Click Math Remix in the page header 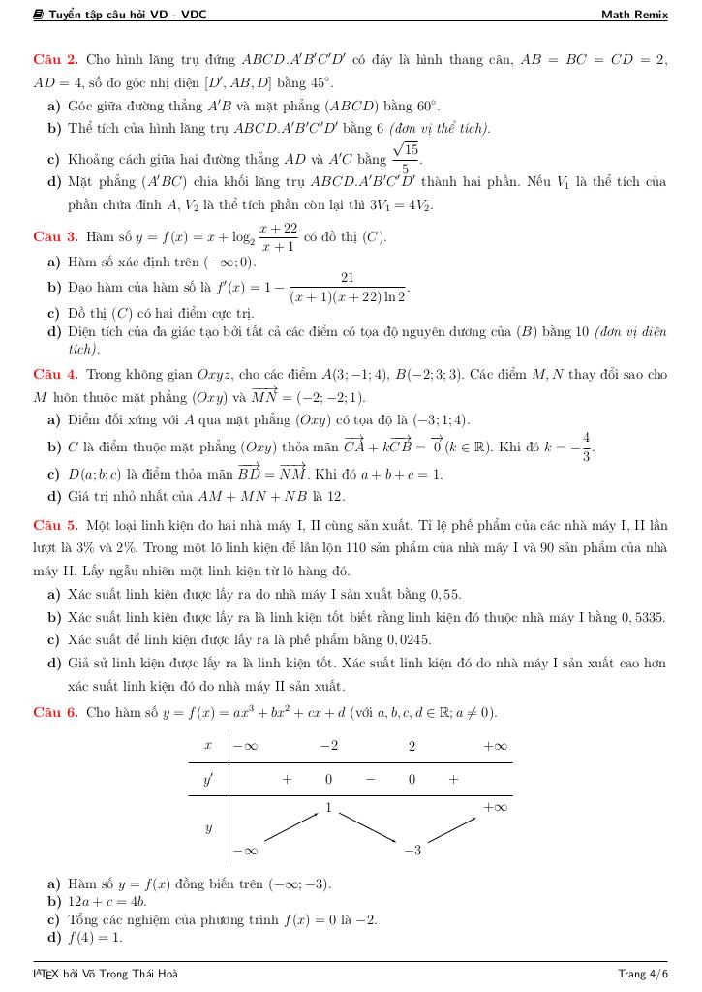point(634,15)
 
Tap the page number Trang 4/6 point(643,973)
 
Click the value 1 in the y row point(328,807)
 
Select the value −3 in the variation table point(412,851)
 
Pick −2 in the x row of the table point(328,747)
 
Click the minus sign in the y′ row point(370,779)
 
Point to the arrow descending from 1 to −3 point(369,828)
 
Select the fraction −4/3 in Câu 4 point(585,447)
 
